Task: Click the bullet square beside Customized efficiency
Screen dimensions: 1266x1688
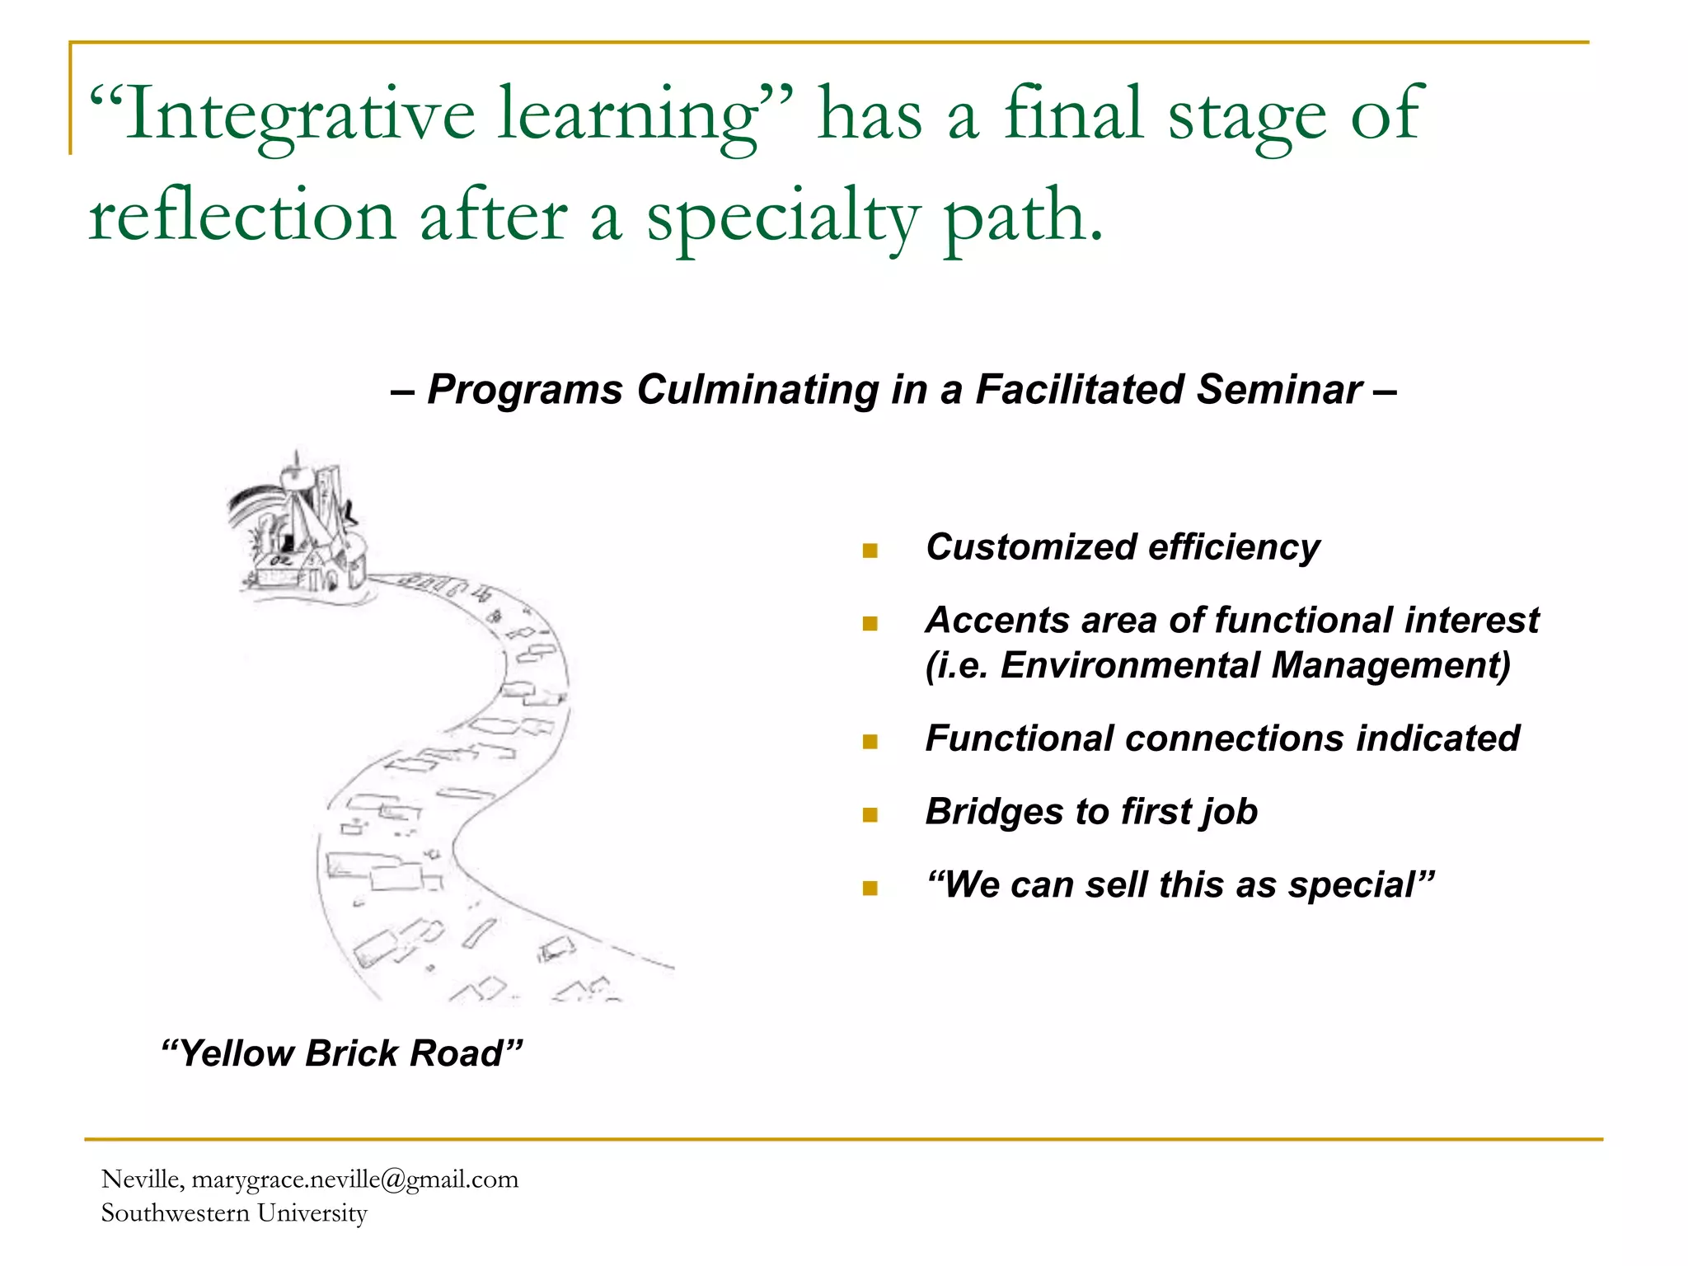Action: tap(870, 551)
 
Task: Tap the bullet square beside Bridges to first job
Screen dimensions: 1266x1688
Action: tap(870, 815)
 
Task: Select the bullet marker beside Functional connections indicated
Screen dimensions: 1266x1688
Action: tap(870, 742)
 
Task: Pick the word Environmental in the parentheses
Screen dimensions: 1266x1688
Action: tap(1129, 666)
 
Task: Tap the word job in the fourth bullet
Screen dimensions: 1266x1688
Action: tap(1228, 813)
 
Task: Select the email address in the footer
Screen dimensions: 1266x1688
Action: tap(355, 1179)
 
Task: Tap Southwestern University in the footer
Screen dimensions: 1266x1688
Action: tap(234, 1213)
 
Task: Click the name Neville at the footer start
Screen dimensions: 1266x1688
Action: tap(140, 1179)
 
